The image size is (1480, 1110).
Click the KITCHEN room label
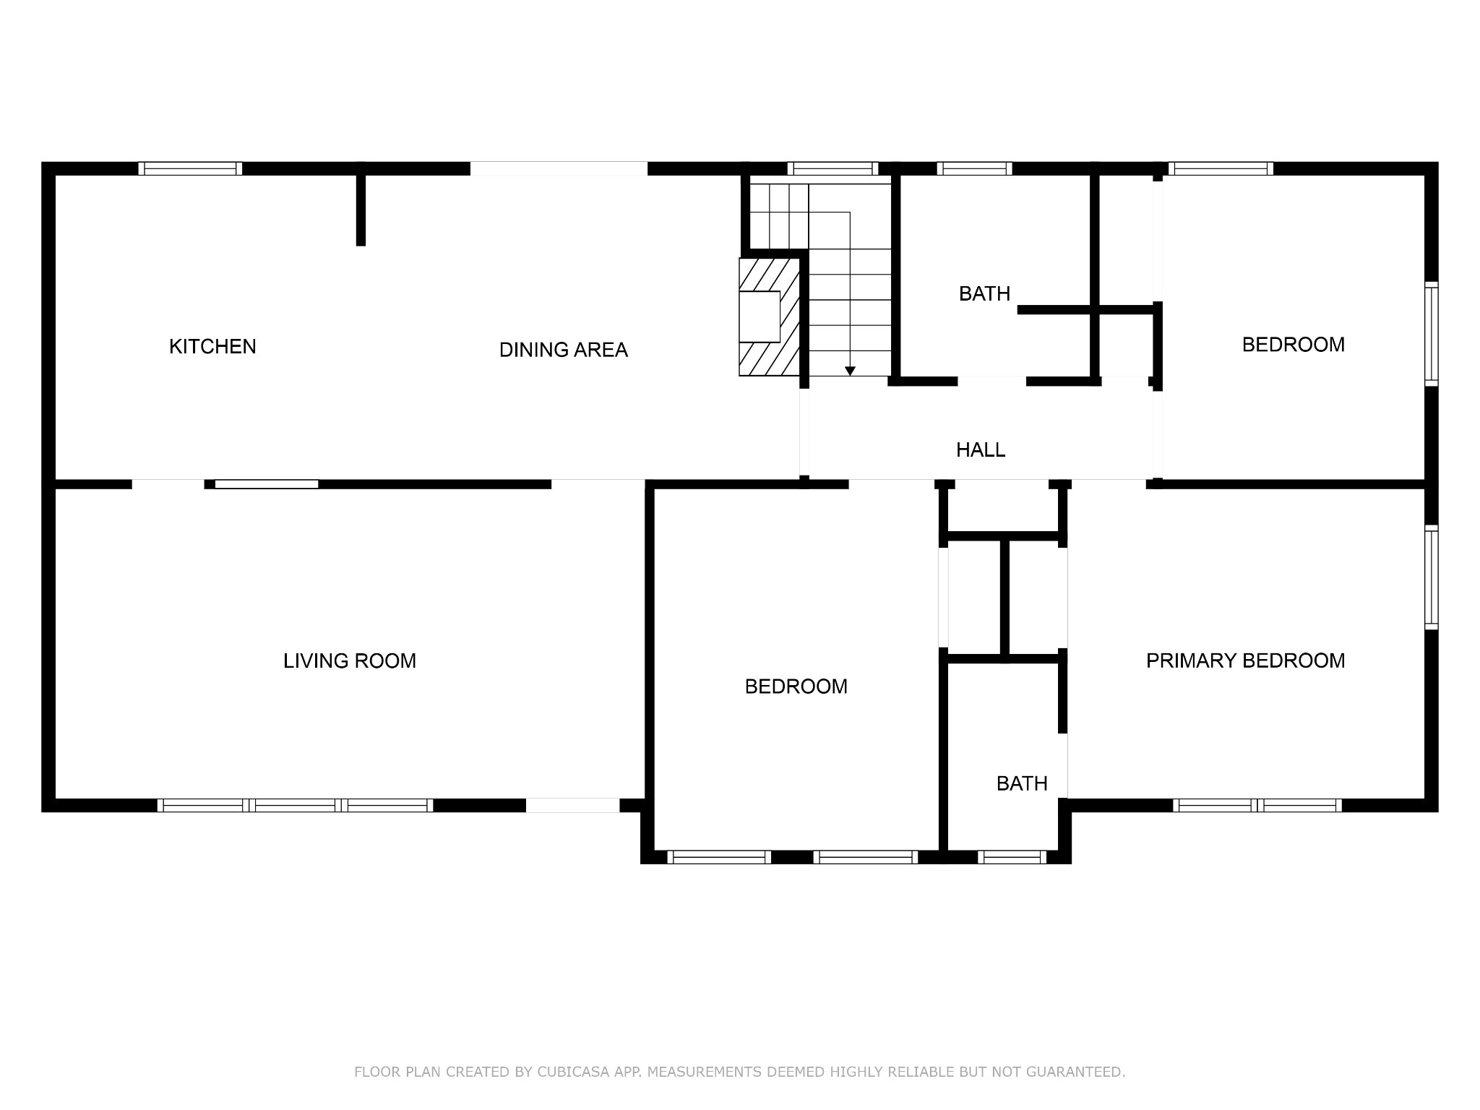pos(212,347)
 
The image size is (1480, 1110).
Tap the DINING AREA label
pos(564,350)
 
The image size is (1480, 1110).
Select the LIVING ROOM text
pos(350,661)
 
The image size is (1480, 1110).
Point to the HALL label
pos(981,450)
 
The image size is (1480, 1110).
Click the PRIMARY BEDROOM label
pos(1246,661)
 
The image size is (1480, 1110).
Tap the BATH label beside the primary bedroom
pos(1022,783)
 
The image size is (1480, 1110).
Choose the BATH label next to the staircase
pos(984,294)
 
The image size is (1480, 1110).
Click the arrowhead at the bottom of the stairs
pos(850,371)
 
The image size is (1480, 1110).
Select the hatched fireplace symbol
pos(769,317)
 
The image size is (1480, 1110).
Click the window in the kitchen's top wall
pos(190,168)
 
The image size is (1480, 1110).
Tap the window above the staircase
pos(832,168)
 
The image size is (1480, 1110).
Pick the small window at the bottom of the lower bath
pos(1012,857)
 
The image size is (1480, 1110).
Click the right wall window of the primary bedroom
pos(1432,578)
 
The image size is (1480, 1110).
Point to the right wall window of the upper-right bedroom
pos(1432,333)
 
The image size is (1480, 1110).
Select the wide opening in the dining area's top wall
pos(559,168)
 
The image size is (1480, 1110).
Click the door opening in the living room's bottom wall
pos(572,805)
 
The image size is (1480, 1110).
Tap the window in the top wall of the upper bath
pos(974,168)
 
